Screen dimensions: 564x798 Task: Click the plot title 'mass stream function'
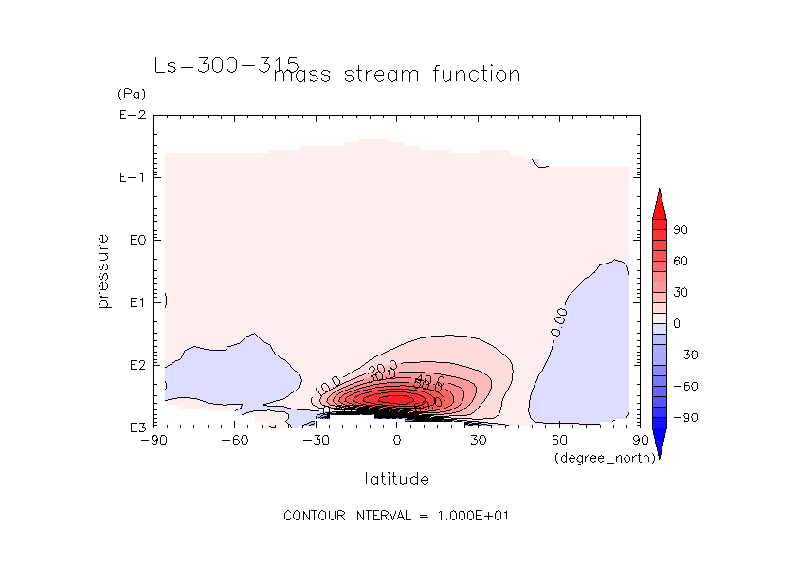pyautogui.click(x=396, y=74)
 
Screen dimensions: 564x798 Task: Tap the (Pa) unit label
pyautogui.click(x=130, y=94)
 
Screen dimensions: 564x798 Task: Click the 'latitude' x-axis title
pyautogui.click(x=396, y=479)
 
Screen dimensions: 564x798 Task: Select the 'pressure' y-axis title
pyautogui.click(x=104, y=271)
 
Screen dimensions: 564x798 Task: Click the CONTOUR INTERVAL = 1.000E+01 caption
pyautogui.click(x=398, y=516)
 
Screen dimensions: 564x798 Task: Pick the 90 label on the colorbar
pyautogui.click(x=680, y=230)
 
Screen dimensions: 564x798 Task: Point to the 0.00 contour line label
pyautogui.click(x=559, y=322)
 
